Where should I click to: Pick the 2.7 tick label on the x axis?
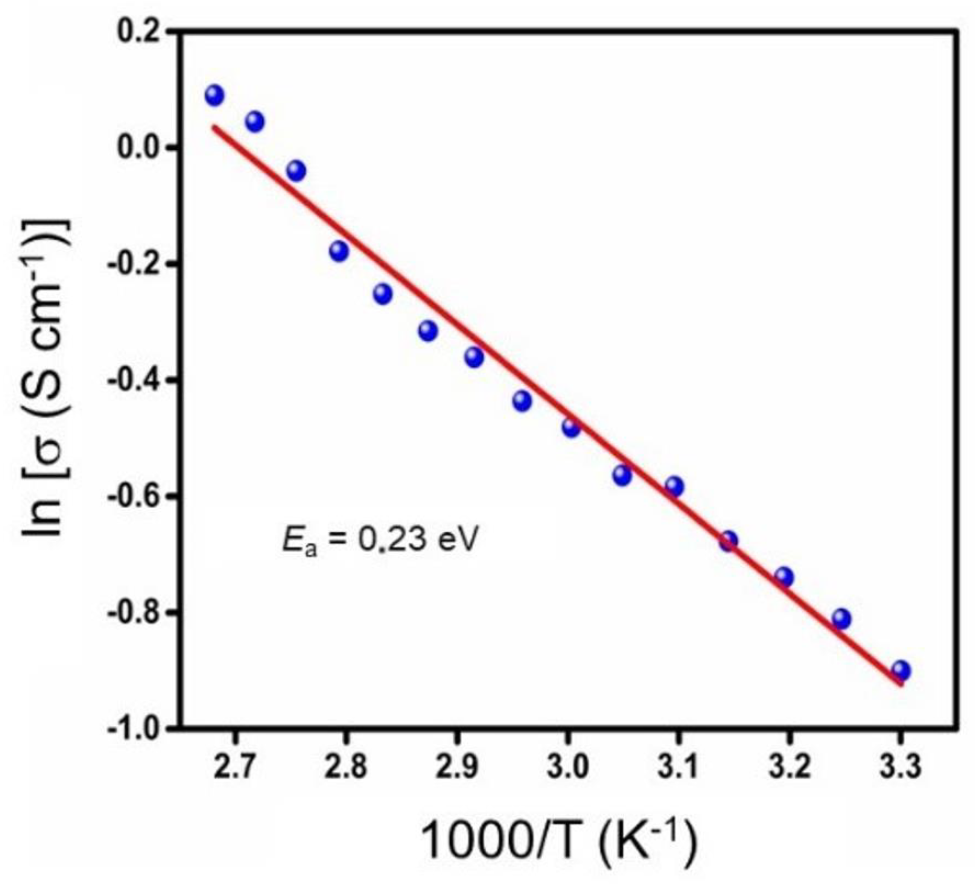(234, 768)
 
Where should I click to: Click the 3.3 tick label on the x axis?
(900, 768)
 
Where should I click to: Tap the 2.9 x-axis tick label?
(456, 768)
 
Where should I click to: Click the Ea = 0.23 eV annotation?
(380, 540)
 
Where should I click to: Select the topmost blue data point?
(214, 95)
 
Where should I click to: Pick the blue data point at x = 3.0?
(571, 427)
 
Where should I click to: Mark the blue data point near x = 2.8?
(339, 251)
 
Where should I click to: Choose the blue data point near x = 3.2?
(784, 576)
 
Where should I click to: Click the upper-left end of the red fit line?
(214, 127)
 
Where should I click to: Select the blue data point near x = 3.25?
(841, 619)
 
